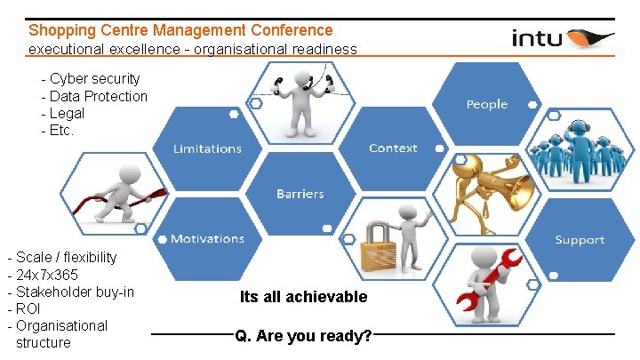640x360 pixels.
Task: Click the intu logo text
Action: pos(537,38)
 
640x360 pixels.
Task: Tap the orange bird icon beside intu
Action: pos(589,38)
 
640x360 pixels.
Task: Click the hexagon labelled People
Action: pos(486,104)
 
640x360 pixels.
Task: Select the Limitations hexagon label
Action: pos(207,148)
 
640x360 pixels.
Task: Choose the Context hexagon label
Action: pos(393,148)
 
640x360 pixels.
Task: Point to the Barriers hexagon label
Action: pos(300,194)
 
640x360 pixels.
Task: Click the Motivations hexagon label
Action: pos(207,239)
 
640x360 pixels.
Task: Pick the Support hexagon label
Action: pos(580,240)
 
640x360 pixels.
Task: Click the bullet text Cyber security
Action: pos(95,79)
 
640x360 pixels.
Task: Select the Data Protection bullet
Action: pos(99,96)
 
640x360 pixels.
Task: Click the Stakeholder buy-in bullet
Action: pos(75,292)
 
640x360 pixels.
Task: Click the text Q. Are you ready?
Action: pos(303,336)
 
